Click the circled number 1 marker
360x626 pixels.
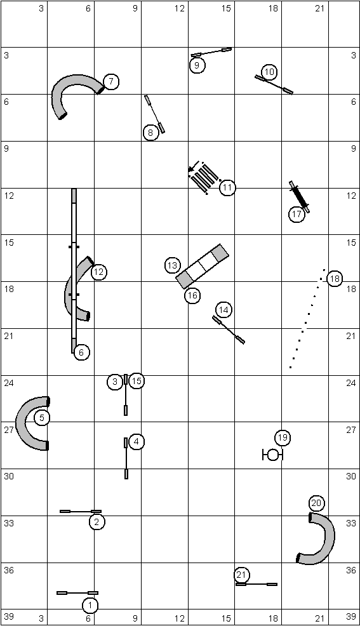click(90, 606)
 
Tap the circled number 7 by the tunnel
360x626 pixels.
click(111, 81)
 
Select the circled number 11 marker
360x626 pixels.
click(227, 187)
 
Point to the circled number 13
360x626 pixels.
click(172, 265)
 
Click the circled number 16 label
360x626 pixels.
click(192, 295)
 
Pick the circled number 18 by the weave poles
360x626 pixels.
click(335, 279)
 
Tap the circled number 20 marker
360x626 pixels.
click(316, 503)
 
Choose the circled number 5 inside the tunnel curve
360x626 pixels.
click(42, 418)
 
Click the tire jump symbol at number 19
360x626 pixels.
click(272, 455)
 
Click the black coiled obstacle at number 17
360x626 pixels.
click(299, 197)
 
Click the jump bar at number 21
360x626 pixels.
click(257, 584)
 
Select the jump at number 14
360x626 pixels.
click(229, 330)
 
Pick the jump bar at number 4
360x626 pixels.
click(126, 458)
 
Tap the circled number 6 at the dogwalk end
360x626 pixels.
click(81, 352)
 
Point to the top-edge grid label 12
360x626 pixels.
click(180, 8)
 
